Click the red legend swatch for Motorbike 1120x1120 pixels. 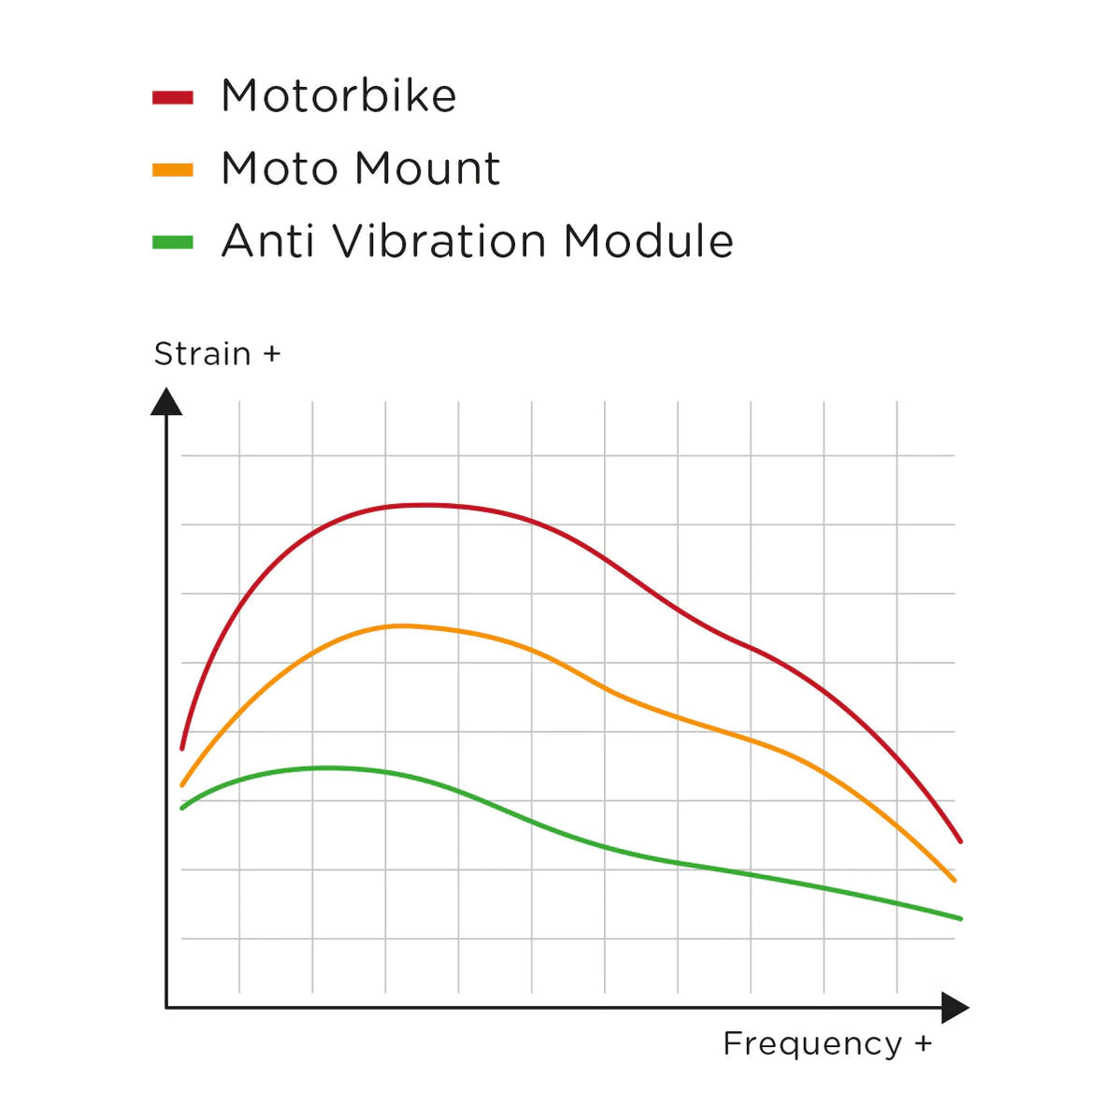tap(173, 97)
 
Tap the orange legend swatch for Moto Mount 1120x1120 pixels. tap(173, 170)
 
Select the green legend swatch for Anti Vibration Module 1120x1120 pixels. tap(173, 243)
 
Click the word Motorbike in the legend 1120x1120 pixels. tap(338, 96)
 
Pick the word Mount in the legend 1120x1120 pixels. tap(427, 169)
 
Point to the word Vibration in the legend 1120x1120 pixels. tap(439, 241)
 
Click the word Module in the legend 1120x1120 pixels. tap(649, 241)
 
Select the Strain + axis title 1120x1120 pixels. tap(217, 354)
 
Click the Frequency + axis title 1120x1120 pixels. tap(827, 1043)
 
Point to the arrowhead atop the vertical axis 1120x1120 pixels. tap(166, 402)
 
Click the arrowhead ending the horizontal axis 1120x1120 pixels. tap(955, 1008)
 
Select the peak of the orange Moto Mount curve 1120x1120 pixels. tap(400, 625)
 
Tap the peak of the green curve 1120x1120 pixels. tap(327, 768)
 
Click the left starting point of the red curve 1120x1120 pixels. tap(182, 749)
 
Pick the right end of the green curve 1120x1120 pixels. tap(960, 918)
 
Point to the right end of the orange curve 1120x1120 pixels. tap(954, 880)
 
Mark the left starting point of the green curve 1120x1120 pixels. tap(182, 808)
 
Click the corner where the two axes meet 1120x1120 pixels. tap(166, 1008)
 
